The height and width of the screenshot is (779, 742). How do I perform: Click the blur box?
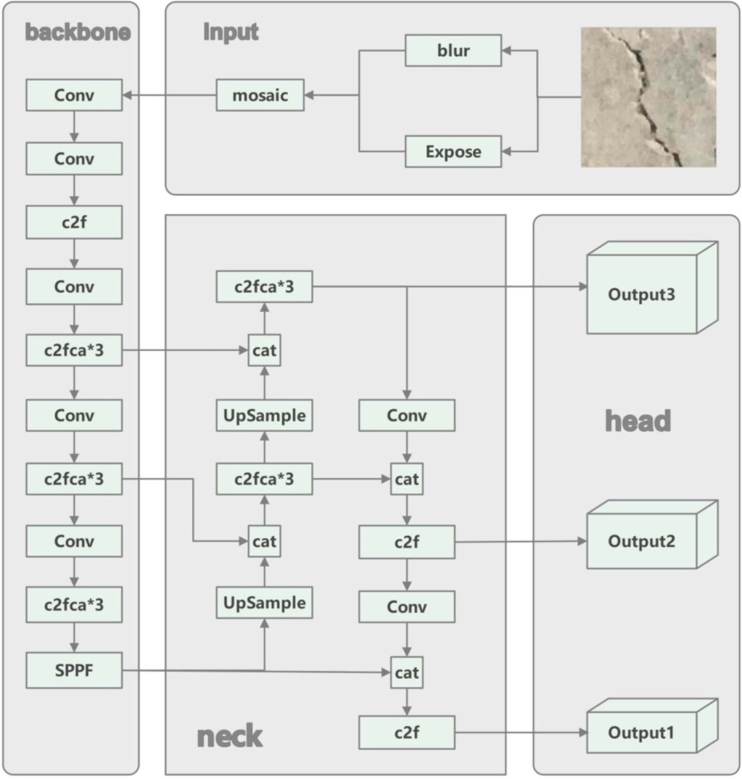pyautogui.click(x=453, y=51)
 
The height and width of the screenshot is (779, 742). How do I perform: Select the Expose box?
pyautogui.click(x=453, y=152)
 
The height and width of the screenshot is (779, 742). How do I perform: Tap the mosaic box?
pyautogui.click(x=260, y=95)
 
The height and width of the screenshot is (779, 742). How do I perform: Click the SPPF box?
pyautogui.click(x=74, y=670)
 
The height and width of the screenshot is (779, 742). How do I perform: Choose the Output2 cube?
pyautogui.click(x=641, y=542)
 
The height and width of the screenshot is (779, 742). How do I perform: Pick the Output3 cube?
pyautogui.click(x=641, y=294)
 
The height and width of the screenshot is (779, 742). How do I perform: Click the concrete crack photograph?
pyautogui.click(x=648, y=97)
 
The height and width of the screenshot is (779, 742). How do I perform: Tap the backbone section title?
pyautogui.click(x=78, y=33)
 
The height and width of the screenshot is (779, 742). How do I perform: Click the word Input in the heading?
pyautogui.click(x=231, y=33)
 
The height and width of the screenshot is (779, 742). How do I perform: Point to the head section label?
pyautogui.click(x=638, y=421)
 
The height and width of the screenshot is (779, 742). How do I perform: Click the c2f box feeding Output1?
pyautogui.click(x=407, y=733)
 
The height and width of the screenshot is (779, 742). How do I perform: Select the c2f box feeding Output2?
pyautogui.click(x=407, y=542)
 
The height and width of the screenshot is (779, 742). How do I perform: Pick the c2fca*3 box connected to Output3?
pyautogui.click(x=264, y=287)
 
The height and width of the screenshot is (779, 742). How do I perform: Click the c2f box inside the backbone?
pyautogui.click(x=74, y=223)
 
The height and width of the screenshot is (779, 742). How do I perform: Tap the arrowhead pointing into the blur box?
pyautogui.click(x=506, y=51)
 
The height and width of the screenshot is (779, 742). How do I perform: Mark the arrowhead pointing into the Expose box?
pyautogui.click(x=506, y=152)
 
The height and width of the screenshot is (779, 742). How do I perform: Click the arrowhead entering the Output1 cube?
pyautogui.click(x=582, y=733)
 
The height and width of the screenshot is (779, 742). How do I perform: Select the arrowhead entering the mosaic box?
pyautogui.click(x=308, y=95)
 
